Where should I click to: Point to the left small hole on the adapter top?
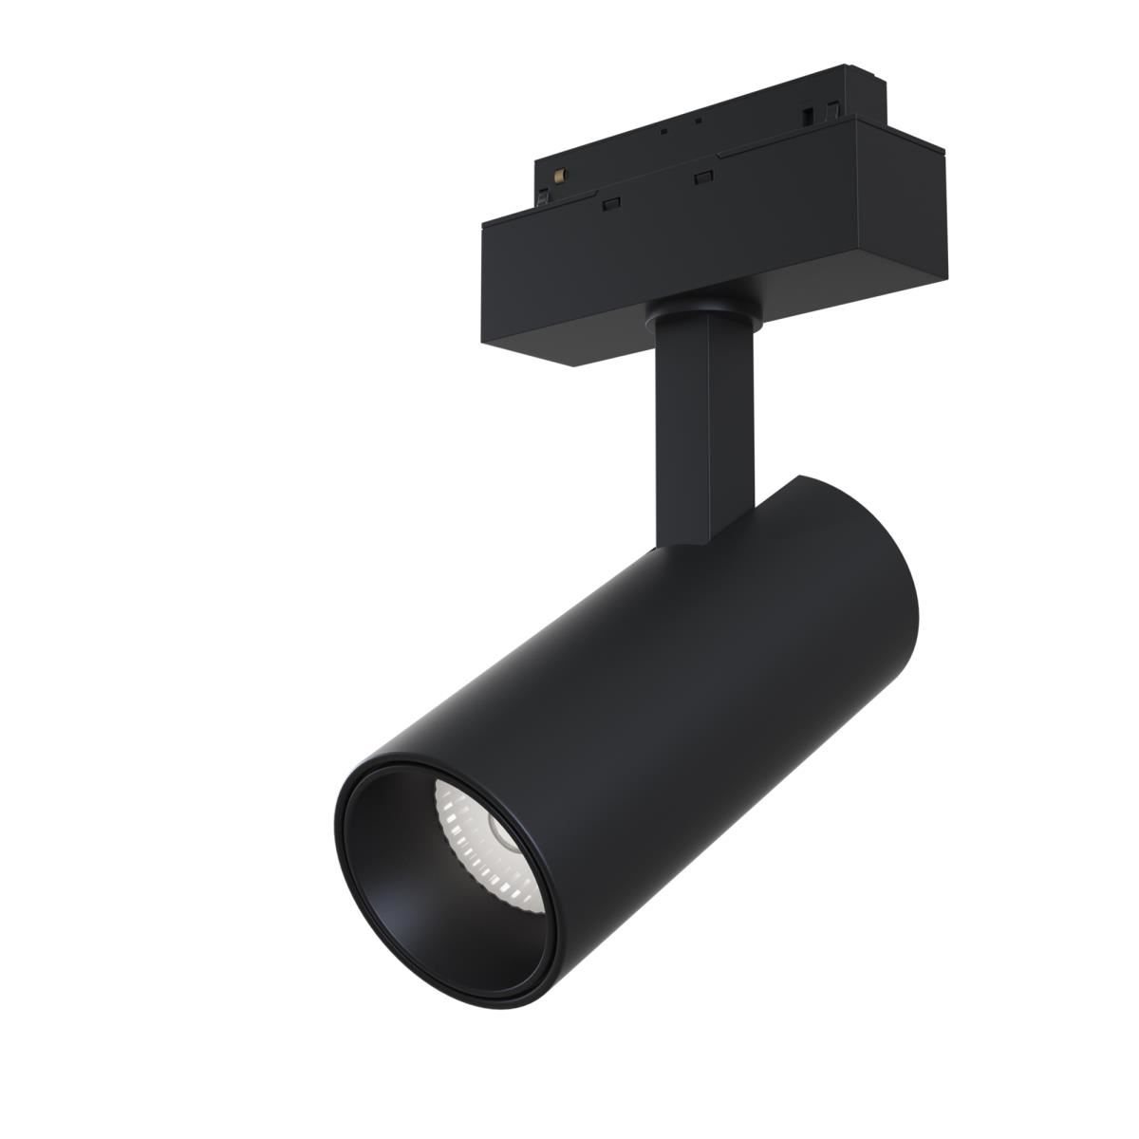click(x=664, y=130)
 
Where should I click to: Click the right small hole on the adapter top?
click(x=698, y=121)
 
